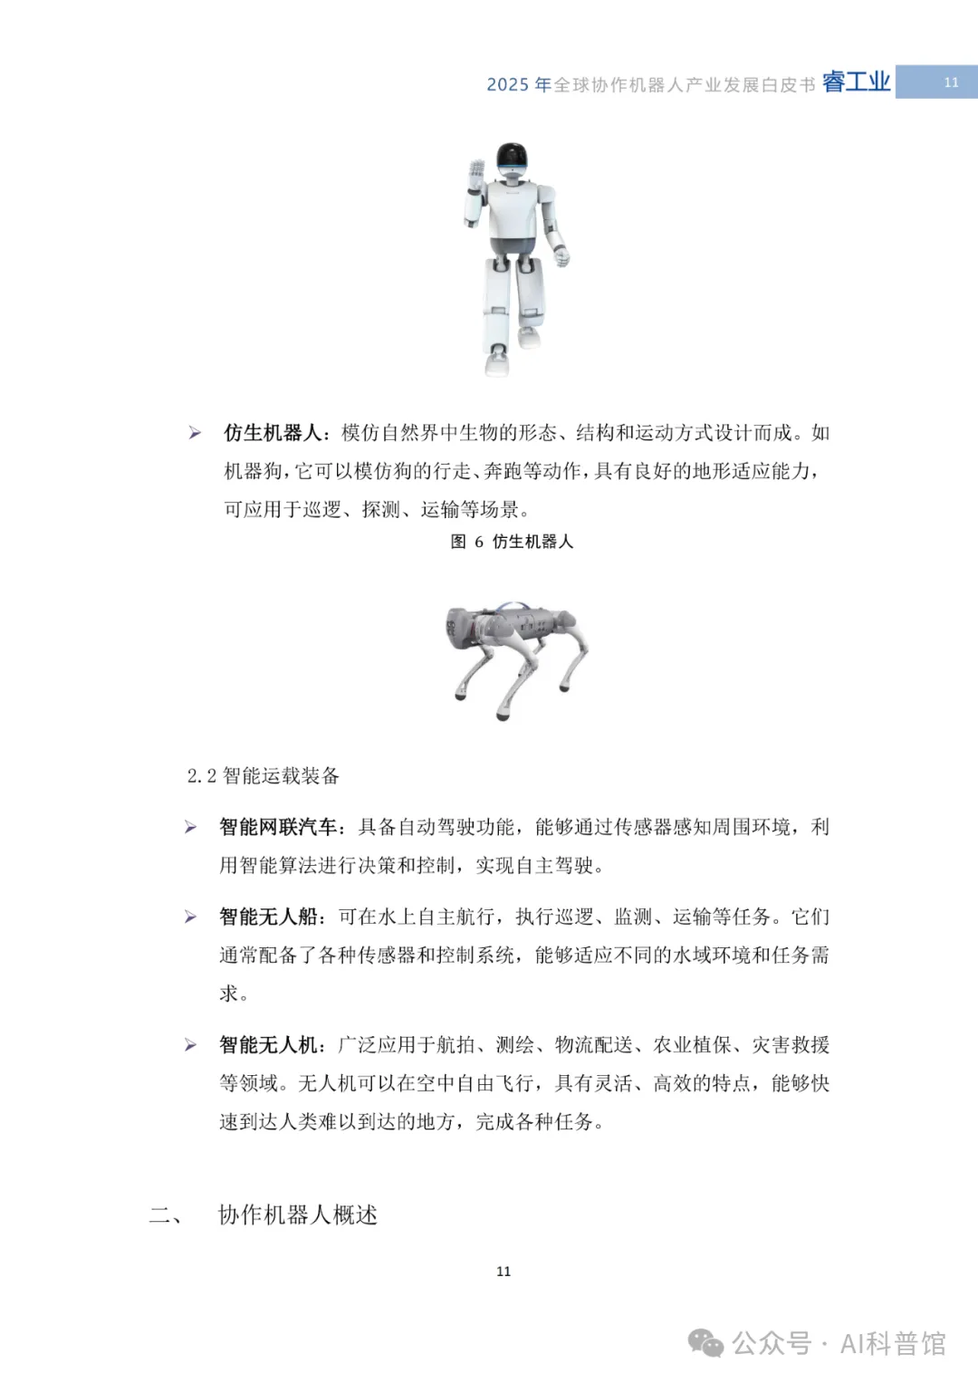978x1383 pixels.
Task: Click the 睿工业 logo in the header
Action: pos(856,82)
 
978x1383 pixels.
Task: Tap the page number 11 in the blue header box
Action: pos(951,82)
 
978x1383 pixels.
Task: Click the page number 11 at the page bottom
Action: pos(503,1272)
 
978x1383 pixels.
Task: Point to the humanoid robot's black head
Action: pos(513,158)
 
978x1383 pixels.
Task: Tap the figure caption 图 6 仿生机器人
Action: pos(512,542)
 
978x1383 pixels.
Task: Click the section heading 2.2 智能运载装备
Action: pos(263,775)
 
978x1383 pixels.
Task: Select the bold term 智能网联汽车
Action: pos(277,827)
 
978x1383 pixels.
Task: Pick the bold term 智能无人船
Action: pos(268,917)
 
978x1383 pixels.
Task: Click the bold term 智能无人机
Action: pos(268,1045)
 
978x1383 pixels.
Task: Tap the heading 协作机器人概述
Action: pos(298,1215)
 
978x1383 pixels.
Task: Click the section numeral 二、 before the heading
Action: pos(165,1215)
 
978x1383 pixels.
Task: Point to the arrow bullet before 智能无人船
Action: pos(190,917)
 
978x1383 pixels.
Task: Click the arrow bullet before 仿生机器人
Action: pos(195,433)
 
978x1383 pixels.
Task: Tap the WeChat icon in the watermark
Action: pos(705,1342)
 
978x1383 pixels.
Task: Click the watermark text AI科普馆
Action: pos(892,1343)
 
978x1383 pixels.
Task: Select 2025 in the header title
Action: pos(507,84)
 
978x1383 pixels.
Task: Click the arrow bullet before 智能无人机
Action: pos(190,1045)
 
